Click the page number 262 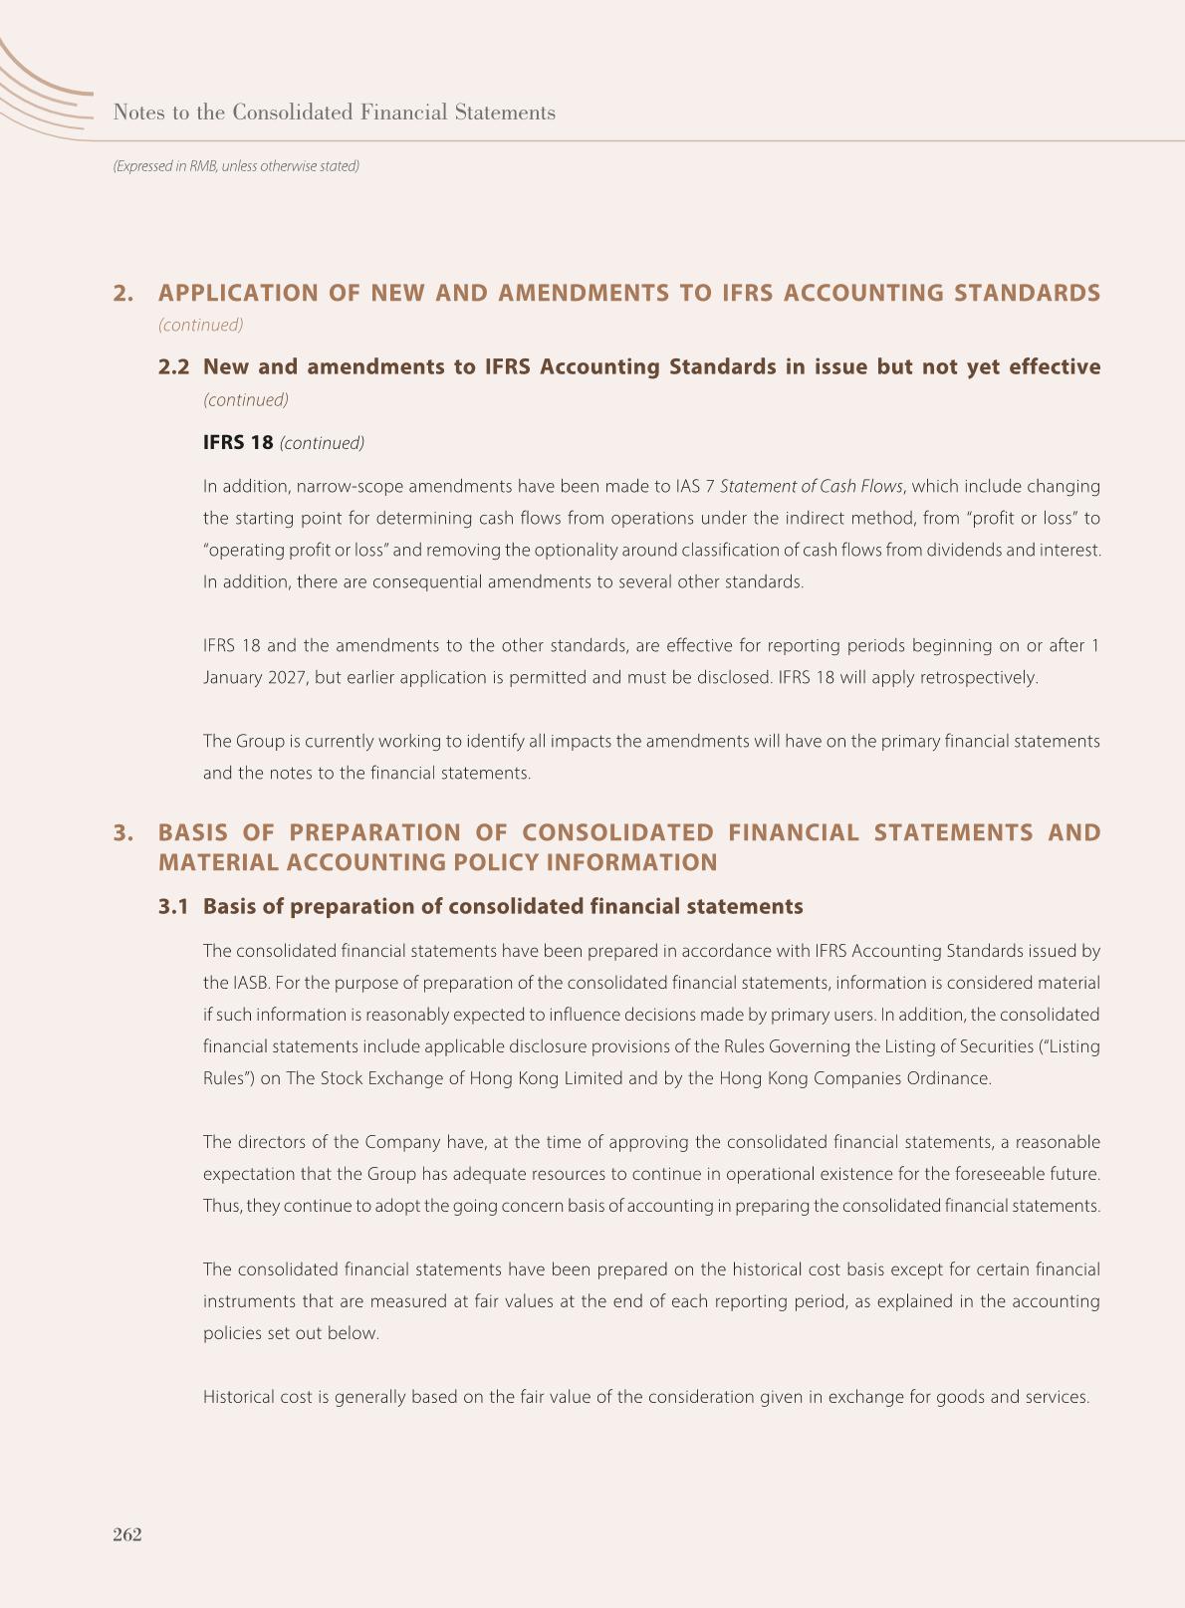pyautogui.click(x=127, y=1534)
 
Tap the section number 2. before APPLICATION pyautogui.click(x=122, y=293)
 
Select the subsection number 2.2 pyautogui.click(x=173, y=366)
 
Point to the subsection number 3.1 pyautogui.click(x=173, y=906)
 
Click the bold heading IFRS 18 pyautogui.click(x=237, y=442)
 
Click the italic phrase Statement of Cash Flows pyautogui.click(x=811, y=486)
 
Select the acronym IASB pyautogui.click(x=249, y=983)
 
